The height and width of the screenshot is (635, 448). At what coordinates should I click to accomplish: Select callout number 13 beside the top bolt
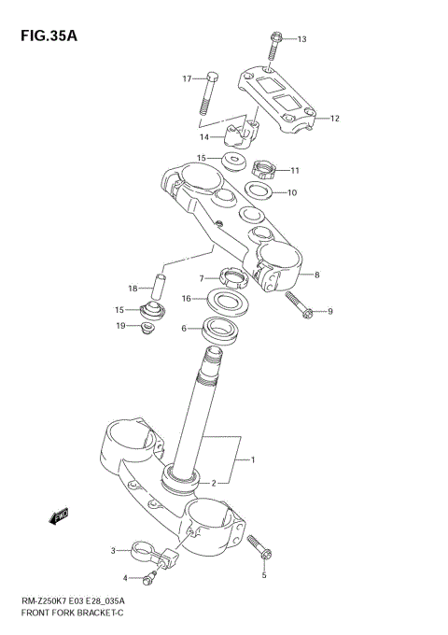tap(301, 39)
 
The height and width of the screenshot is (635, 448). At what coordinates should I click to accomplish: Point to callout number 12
tap(334, 119)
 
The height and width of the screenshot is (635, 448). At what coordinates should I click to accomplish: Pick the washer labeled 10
tap(259, 192)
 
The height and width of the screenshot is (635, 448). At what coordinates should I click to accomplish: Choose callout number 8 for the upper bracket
tap(317, 275)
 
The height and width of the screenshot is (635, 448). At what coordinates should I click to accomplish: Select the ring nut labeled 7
tap(228, 275)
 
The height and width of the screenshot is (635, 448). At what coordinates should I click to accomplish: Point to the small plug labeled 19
tap(147, 331)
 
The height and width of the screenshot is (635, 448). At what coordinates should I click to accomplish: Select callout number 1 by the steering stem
tap(251, 459)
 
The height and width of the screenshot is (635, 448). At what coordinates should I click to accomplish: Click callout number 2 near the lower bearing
tap(214, 482)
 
